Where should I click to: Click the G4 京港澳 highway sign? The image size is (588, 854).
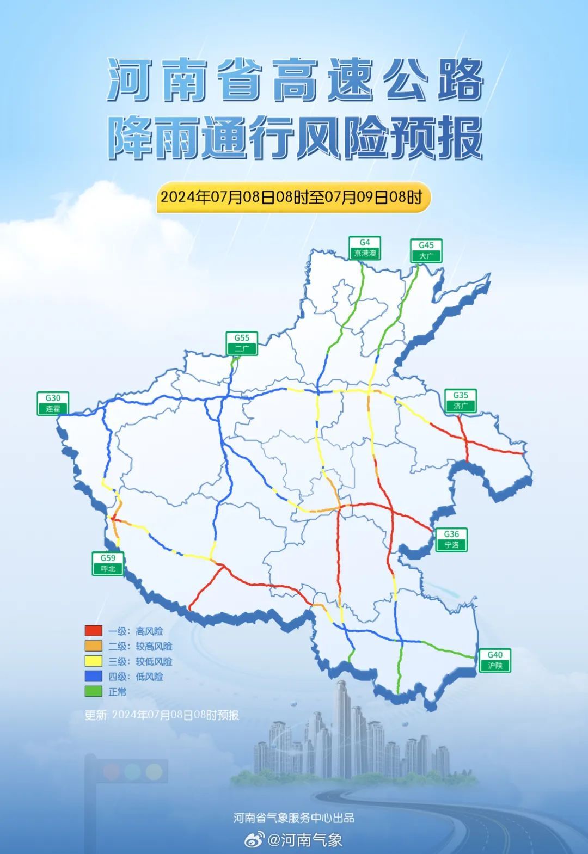click(365, 248)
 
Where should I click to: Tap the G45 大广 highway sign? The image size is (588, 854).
click(426, 251)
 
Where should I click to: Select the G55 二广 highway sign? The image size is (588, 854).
click(242, 343)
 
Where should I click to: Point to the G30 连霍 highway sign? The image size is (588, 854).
click(53, 403)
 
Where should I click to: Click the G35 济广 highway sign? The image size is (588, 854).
click(461, 401)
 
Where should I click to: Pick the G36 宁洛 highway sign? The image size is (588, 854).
click(451, 539)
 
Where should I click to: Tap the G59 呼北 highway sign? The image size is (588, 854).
click(108, 563)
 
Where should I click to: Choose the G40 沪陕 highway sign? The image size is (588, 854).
click(495, 660)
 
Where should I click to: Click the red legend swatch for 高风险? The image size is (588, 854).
click(94, 631)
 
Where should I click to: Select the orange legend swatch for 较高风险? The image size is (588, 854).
click(94, 646)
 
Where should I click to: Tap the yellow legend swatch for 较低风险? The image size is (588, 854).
click(94, 661)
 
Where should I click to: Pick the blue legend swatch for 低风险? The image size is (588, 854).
click(94, 677)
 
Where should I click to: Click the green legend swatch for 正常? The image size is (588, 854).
click(94, 692)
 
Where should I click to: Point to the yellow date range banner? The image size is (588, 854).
click(293, 196)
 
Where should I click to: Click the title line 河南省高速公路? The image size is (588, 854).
click(295, 81)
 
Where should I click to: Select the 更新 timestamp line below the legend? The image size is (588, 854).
click(162, 715)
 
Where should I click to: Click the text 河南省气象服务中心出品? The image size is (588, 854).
click(293, 818)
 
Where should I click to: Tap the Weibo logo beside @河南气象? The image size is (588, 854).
click(254, 840)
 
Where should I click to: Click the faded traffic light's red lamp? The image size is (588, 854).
click(112, 771)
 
